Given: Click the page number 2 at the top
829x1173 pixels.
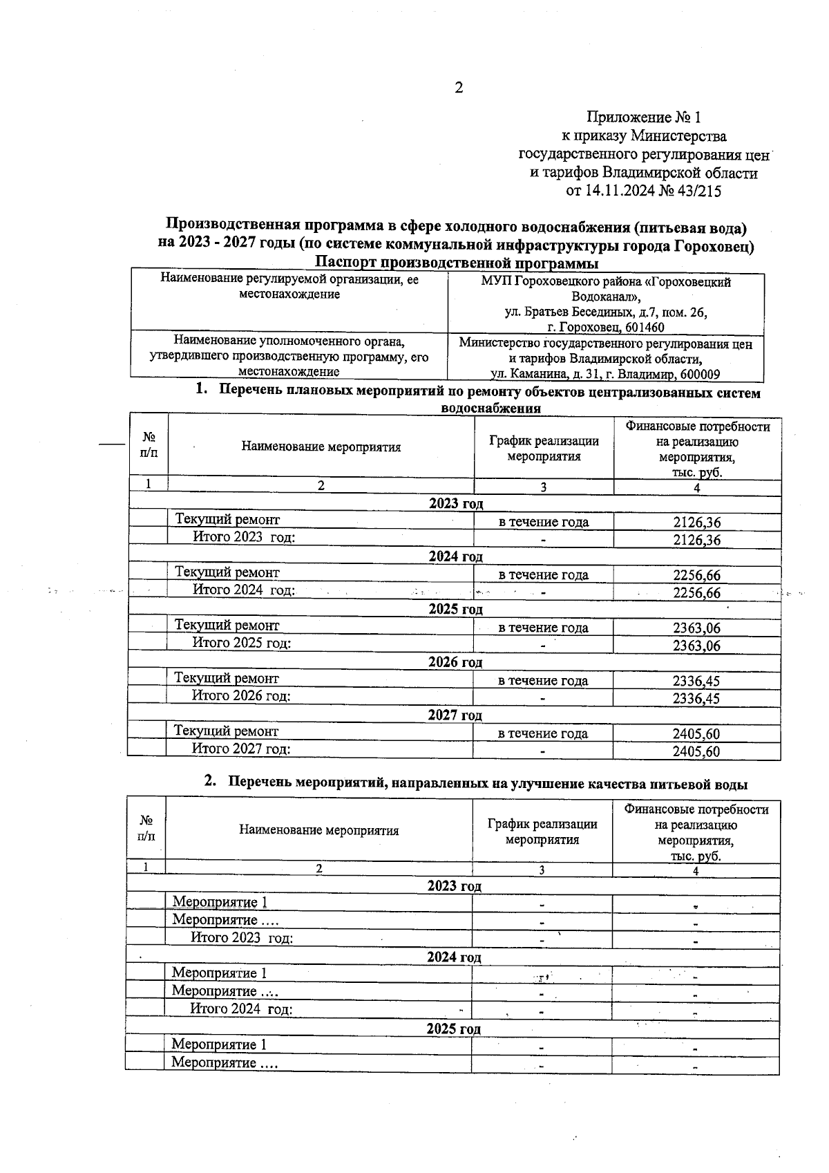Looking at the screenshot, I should (x=458, y=88).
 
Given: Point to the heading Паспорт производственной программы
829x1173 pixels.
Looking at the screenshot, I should (x=456, y=263).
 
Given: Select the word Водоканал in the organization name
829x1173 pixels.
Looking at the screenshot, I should (x=605, y=297).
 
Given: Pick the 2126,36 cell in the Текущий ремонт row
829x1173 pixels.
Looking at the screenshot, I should (x=696, y=523).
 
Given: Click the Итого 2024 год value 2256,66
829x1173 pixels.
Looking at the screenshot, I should (x=696, y=593).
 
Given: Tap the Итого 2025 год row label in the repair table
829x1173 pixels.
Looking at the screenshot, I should (x=241, y=643).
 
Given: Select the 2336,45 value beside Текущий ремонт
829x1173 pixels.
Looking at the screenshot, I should (x=696, y=681).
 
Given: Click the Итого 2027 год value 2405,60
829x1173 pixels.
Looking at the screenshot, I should (x=696, y=751).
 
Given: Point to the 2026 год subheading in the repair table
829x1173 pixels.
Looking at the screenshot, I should (x=455, y=662).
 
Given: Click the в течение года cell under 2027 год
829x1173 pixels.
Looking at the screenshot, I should (x=543, y=733).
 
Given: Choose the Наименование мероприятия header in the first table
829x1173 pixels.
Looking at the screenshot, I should (x=321, y=447).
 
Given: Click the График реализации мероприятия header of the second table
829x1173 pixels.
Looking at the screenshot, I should (x=542, y=832).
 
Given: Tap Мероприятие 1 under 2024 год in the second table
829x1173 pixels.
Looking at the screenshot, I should (x=219, y=973).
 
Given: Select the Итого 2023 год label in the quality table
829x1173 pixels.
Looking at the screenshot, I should (x=242, y=938).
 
